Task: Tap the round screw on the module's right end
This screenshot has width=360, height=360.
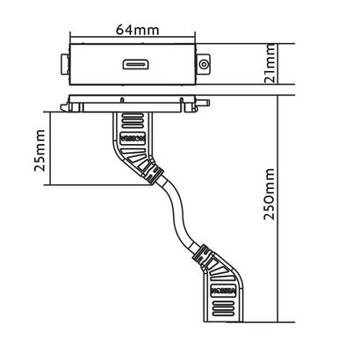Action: click(203, 64)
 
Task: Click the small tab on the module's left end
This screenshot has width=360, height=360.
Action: click(61, 64)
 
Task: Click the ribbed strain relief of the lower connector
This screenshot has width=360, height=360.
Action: click(204, 257)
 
